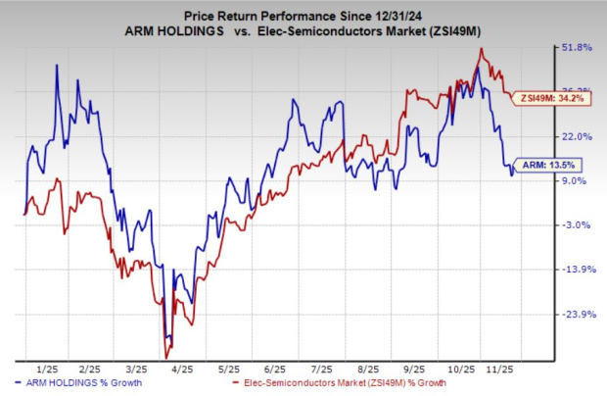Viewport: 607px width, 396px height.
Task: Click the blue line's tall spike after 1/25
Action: click(x=56, y=66)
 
